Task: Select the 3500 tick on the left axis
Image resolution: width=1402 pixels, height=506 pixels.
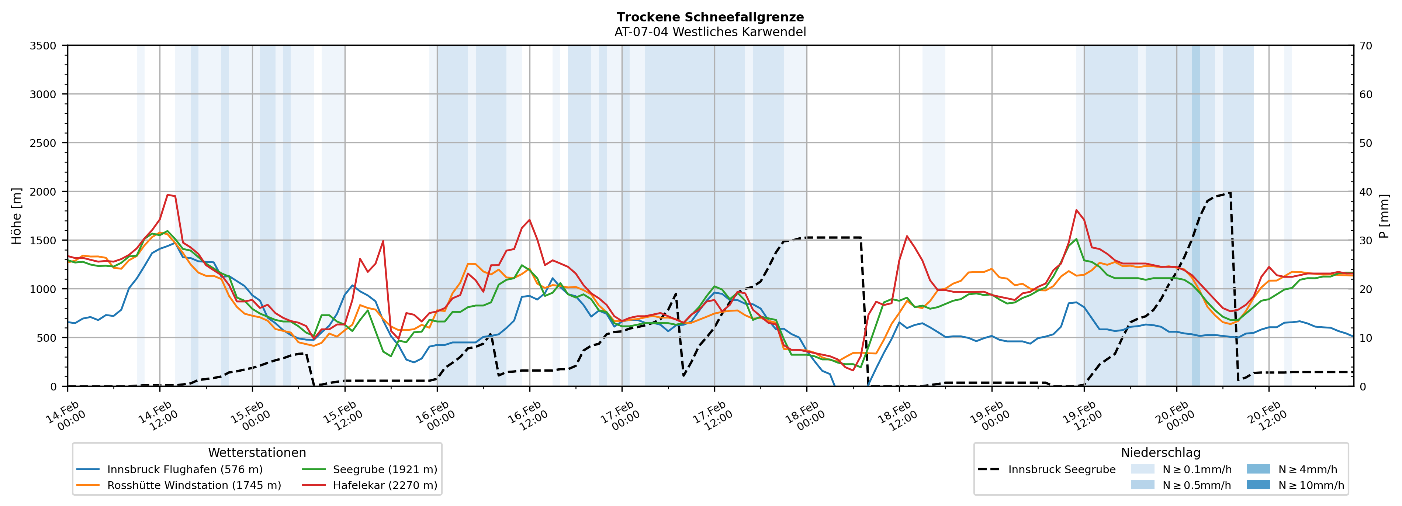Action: coord(43,46)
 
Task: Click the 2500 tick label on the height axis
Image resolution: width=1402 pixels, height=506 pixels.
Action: coord(43,143)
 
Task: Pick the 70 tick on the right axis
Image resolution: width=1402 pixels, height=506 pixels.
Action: coord(1365,46)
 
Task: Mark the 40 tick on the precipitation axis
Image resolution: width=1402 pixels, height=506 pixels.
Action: coord(1365,192)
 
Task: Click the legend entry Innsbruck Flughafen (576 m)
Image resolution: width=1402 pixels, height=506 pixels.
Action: coord(184,469)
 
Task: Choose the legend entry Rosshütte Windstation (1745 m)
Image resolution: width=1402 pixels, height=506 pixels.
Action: coord(194,485)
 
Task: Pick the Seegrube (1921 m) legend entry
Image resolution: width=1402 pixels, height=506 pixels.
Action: coord(385,469)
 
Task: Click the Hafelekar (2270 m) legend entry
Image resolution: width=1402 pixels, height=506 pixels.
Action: coord(385,485)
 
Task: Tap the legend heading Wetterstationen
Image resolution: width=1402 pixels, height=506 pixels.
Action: coord(257,452)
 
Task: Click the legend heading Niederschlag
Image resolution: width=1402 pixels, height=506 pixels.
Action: coord(1160,452)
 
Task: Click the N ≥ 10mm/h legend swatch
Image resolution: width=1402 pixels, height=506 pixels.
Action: coord(1258,485)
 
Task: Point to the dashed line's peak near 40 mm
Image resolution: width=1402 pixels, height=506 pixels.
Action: coord(1229,193)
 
